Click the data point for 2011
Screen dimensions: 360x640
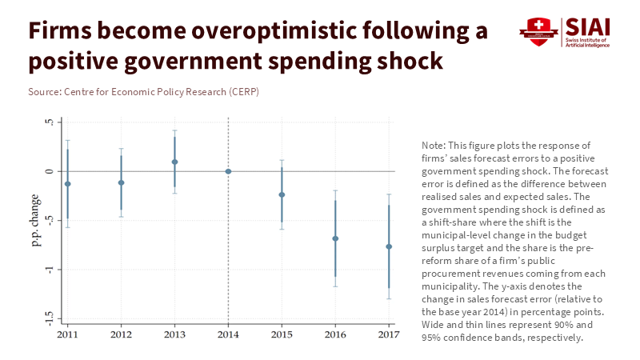pos(67,184)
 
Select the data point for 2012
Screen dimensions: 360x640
pos(121,182)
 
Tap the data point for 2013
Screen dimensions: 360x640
pos(174,162)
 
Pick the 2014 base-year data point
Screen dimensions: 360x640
pos(228,171)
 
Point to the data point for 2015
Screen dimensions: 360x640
pos(282,194)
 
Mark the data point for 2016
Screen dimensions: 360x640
pos(335,238)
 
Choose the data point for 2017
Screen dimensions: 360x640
pos(389,246)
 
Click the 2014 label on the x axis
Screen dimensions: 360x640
pos(228,333)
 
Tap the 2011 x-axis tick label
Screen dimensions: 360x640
pos(67,333)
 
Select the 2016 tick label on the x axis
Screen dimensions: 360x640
pos(335,333)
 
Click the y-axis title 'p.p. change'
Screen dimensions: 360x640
pos(36,221)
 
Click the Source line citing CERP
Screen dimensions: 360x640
pos(143,92)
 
